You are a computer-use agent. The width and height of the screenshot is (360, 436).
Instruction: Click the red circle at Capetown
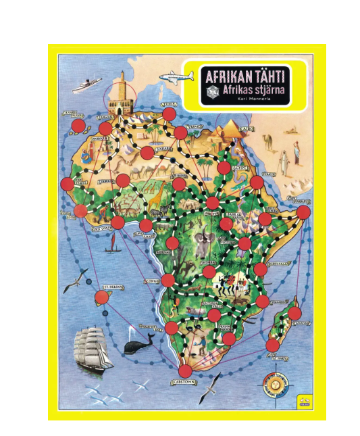(186, 371)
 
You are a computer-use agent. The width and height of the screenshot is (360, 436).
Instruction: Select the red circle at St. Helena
(102, 297)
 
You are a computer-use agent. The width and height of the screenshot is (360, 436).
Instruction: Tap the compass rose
(276, 384)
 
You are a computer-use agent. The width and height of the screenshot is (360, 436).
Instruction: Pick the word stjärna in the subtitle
(266, 90)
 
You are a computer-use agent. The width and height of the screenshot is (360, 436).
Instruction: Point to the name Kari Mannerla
(251, 100)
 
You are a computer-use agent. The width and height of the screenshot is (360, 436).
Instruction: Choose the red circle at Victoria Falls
(214, 315)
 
